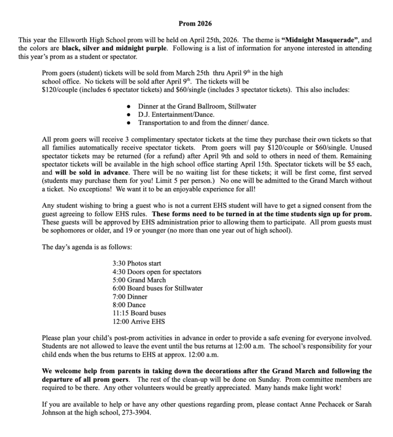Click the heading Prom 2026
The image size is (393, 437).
point(196,23)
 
